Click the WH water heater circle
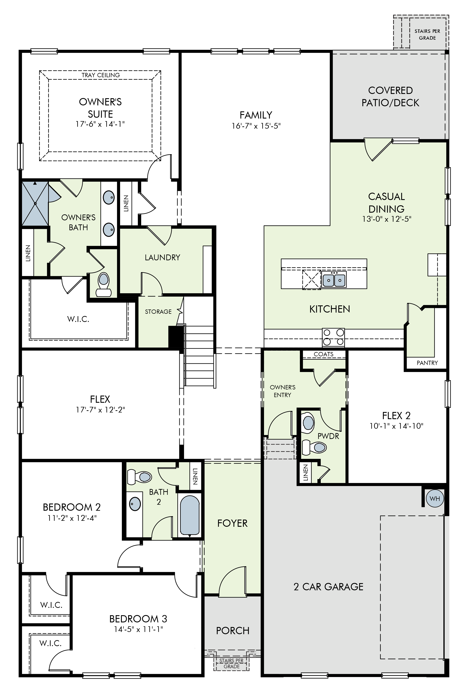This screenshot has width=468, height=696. coord(435,499)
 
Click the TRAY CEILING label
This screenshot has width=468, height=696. coord(101,75)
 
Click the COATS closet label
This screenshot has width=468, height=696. coord(324,354)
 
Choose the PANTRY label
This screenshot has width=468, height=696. coord(427,363)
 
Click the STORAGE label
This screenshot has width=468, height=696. coord(158,312)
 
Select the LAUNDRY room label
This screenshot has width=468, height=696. coord(162,257)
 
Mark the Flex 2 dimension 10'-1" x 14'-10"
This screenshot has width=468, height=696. coord(396,426)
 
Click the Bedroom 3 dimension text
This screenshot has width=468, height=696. coord(138,629)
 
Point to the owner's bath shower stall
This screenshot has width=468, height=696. coord(35,203)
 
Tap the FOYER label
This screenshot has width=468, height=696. coord(233,523)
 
